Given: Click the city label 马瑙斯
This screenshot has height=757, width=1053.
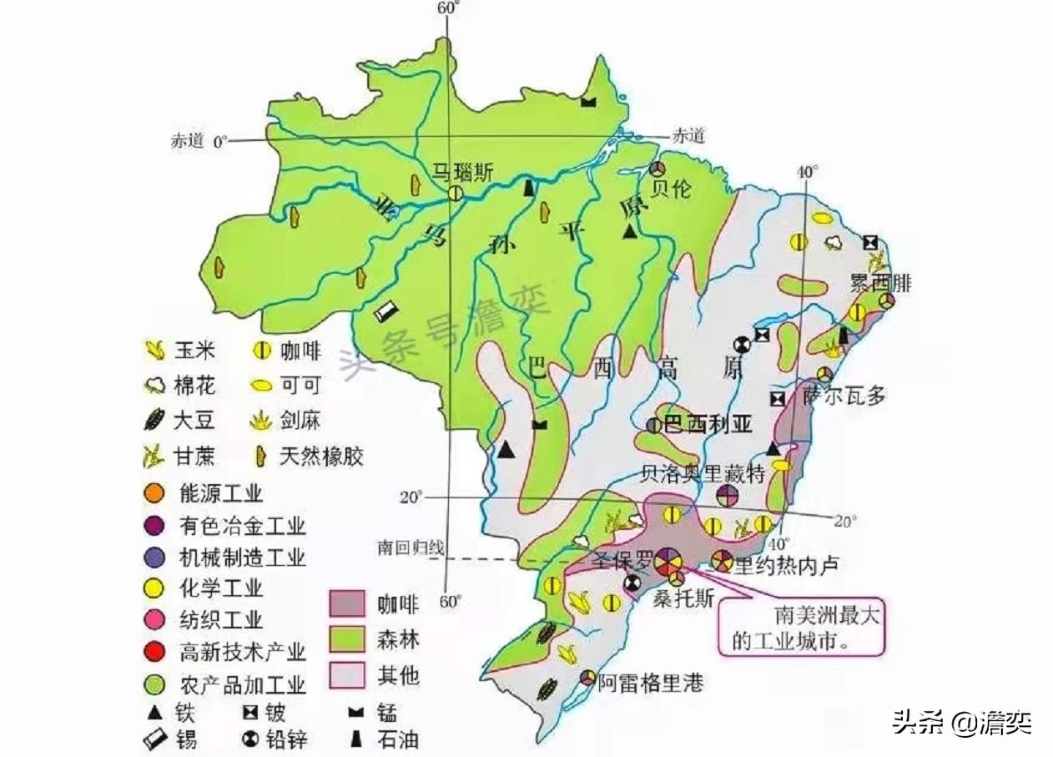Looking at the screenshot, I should [462, 173].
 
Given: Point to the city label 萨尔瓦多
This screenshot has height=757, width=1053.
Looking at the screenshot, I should [844, 396].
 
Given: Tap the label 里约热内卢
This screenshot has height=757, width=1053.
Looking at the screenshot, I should [784, 565].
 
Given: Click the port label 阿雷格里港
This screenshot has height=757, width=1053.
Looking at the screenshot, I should [651, 684].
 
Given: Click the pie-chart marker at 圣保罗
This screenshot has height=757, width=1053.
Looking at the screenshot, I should [668, 561].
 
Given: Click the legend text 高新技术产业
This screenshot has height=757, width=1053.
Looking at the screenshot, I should [242, 651].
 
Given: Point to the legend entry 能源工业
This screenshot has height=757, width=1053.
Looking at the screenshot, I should [220, 492].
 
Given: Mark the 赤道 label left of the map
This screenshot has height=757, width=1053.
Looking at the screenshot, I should [188, 141].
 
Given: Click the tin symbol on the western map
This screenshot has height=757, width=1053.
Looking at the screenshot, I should [386, 312].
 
